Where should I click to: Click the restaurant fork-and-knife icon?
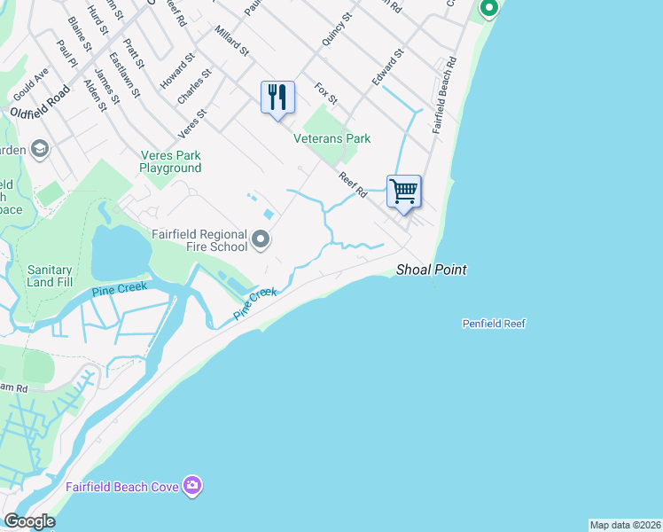(277, 96)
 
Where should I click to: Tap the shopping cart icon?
(403, 191)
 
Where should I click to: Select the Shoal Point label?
(431, 270)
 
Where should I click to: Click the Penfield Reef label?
(494, 324)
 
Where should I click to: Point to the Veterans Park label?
(332, 138)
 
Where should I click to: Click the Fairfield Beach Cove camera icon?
(191, 485)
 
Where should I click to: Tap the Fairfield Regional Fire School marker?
(261, 239)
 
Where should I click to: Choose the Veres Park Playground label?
(171, 161)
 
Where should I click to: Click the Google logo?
(28, 521)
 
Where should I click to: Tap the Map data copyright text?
(625, 525)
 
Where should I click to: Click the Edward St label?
(388, 66)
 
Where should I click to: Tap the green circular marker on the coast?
(487, 9)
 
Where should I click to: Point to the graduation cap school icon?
(39, 149)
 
